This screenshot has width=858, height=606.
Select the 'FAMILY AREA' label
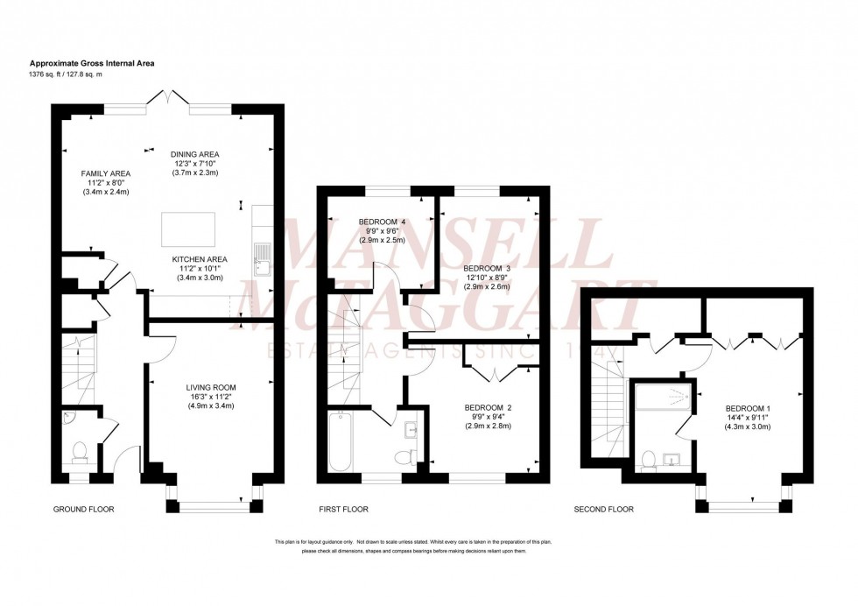pos(106,173)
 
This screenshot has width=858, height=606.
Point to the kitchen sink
pos(261,257)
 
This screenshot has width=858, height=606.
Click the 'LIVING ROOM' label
pos(211,386)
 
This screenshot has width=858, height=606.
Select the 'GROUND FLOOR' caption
pos(84,509)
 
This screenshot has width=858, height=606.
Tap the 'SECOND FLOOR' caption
pos(604,509)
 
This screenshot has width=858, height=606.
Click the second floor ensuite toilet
pos(649,459)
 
